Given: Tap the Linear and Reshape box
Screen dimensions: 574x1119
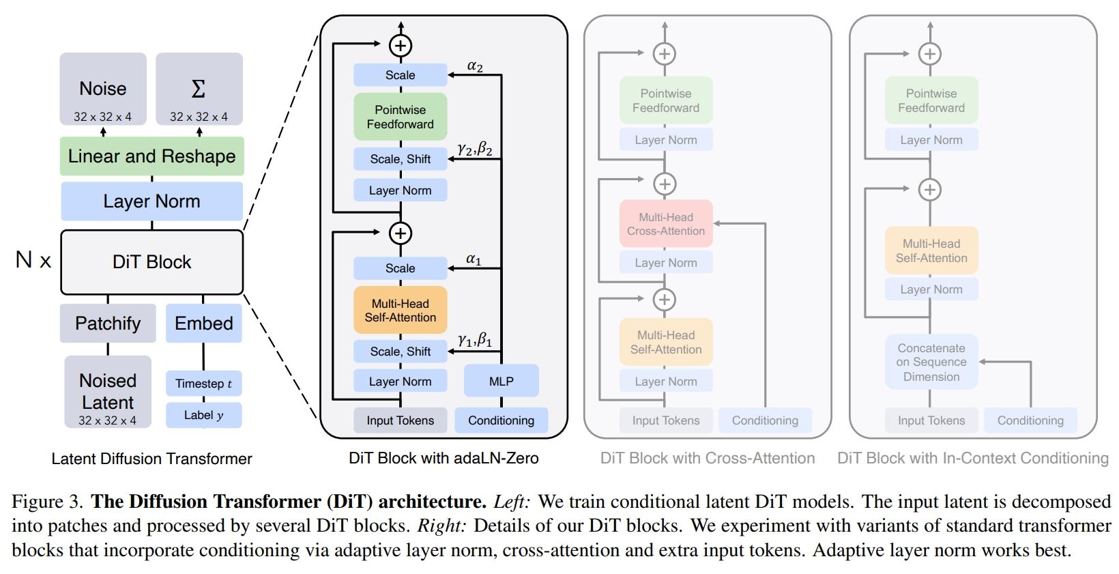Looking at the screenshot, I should [x=151, y=156].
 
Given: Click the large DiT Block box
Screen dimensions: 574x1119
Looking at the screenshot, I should [x=151, y=262].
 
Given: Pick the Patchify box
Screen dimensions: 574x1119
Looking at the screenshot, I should [x=108, y=323].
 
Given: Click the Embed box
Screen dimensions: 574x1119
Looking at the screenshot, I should [x=203, y=323].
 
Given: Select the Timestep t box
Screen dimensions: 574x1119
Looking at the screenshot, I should [x=203, y=383].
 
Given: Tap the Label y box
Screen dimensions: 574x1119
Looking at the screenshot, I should [x=203, y=415].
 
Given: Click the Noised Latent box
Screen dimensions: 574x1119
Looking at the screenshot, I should [x=108, y=392].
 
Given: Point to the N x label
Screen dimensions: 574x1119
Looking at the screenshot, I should [x=33, y=259].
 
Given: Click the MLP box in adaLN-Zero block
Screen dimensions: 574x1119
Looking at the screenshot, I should [x=501, y=381].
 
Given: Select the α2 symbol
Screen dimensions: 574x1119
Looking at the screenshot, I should [x=475, y=66].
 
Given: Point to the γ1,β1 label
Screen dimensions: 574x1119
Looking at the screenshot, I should [x=475, y=339].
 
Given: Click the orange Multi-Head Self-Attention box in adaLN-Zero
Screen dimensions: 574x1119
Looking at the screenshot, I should [x=400, y=311].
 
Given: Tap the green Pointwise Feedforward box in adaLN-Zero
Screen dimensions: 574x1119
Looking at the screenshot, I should [x=400, y=117].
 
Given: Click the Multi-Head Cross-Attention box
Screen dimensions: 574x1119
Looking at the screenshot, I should [x=666, y=224].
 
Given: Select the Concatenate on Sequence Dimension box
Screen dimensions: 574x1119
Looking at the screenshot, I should [x=931, y=362].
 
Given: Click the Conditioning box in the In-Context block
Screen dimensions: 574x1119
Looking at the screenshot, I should [x=1030, y=420].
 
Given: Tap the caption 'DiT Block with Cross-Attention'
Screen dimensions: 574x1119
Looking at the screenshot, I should [x=708, y=458].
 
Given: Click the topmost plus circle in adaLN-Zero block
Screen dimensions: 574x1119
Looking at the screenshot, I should [x=401, y=46].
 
